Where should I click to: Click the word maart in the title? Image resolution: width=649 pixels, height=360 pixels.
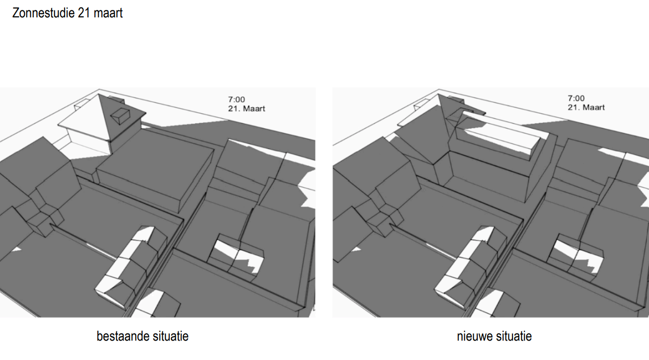(108, 13)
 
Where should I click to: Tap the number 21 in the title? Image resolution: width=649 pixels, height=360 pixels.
(84, 13)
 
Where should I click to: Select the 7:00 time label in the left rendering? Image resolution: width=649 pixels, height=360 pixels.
(236, 99)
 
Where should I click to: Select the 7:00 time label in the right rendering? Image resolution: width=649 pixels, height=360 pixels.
(576, 98)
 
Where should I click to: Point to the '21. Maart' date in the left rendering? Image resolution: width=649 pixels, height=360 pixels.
(247, 109)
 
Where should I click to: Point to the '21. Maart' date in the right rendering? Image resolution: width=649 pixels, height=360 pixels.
(586, 107)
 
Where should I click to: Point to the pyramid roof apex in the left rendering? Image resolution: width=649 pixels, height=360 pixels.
(98, 94)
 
